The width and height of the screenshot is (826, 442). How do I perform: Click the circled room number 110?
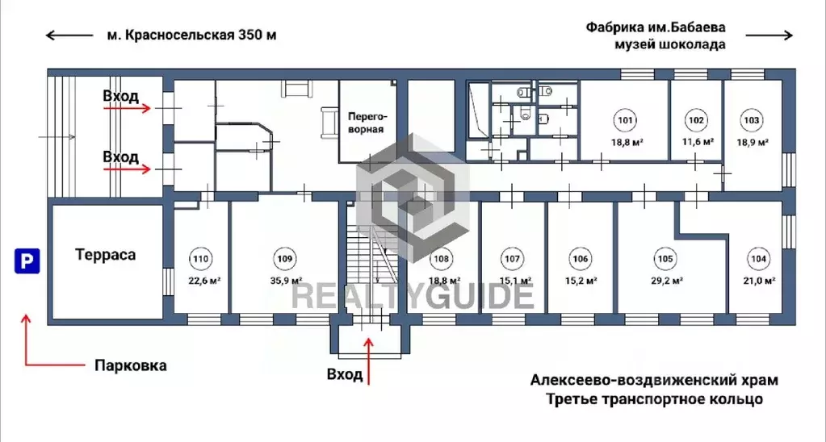click(x=200, y=259)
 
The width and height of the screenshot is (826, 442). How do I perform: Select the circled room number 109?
click(x=283, y=259)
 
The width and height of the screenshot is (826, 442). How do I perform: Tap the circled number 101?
click(x=625, y=121)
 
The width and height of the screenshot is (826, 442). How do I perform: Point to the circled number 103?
click(x=751, y=121)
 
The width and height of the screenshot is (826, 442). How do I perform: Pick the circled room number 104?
click(x=758, y=259)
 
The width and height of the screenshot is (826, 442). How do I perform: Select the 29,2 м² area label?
click(x=667, y=281)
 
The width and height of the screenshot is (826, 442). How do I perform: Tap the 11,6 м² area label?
click(x=698, y=142)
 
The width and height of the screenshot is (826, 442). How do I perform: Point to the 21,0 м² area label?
click(x=759, y=281)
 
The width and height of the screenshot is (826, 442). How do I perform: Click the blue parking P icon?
click(x=27, y=261)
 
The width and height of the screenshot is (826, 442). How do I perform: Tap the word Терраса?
click(x=105, y=255)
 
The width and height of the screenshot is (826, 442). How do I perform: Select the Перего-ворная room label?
click(x=365, y=122)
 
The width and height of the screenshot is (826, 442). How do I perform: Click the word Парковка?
click(x=130, y=365)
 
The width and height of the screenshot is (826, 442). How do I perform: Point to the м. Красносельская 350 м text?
click(x=191, y=35)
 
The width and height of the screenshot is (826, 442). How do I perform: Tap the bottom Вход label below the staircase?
click(x=344, y=374)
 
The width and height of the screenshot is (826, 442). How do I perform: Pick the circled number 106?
click(x=580, y=259)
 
